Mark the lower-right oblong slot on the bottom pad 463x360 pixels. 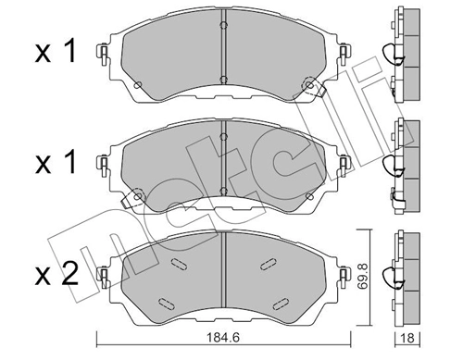[280, 300]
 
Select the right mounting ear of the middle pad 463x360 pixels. [343, 167]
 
